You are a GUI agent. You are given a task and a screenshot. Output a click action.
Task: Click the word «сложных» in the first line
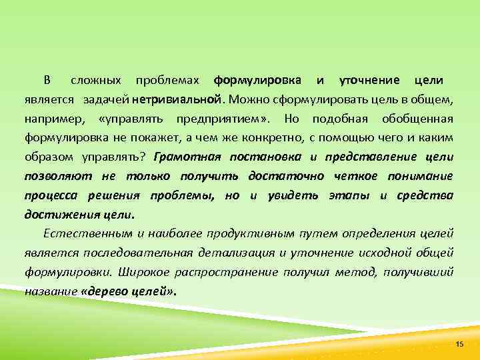tap(96, 81)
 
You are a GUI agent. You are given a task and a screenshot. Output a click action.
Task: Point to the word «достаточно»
tap(286, 177)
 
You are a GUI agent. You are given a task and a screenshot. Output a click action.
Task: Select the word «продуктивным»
tap(241, 234)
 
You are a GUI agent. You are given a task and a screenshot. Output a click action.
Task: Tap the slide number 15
tap(459, 343)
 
